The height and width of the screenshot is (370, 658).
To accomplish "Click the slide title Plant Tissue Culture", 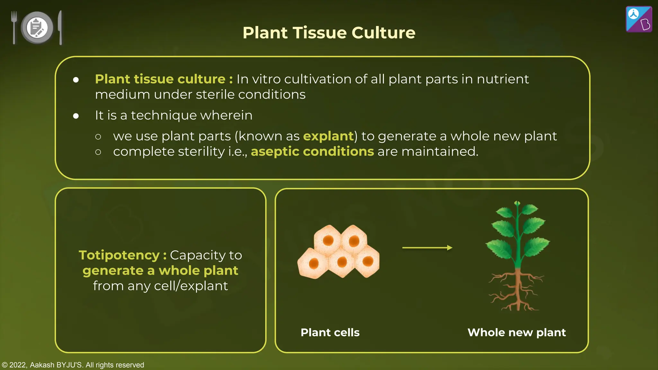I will [x=329, y=33].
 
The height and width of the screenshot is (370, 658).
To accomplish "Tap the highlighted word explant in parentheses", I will [x=328, y=136].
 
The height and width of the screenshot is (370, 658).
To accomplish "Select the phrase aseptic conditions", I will [x=312, y=151].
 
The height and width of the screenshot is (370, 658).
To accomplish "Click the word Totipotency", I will [x=119, y=255].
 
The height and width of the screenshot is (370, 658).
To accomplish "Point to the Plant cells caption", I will [x=330, y=332].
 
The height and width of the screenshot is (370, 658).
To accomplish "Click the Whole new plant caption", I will [x=517, y=332].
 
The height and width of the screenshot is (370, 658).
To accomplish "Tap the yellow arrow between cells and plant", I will [x=427, y=248].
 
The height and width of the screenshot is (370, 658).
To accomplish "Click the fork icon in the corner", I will [x=14, y=27].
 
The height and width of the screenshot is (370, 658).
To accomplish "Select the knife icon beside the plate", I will [x=60, y=27].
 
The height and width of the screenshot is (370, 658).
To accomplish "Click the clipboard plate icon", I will [x=37, y=28].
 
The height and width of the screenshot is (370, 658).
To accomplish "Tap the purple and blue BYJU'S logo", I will [x=639, y=19].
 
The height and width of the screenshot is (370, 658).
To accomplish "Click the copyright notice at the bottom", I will [x=73, y=365].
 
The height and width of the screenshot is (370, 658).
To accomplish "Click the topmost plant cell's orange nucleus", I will [x=328, y=240].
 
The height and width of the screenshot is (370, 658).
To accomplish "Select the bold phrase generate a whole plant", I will [x=160, y=270].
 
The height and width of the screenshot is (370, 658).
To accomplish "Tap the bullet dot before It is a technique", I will [x=76, y=116].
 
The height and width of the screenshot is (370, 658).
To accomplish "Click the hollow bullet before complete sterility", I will [x=98, y=152].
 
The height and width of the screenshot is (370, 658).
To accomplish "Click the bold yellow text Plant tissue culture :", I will [x=164, y=79].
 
